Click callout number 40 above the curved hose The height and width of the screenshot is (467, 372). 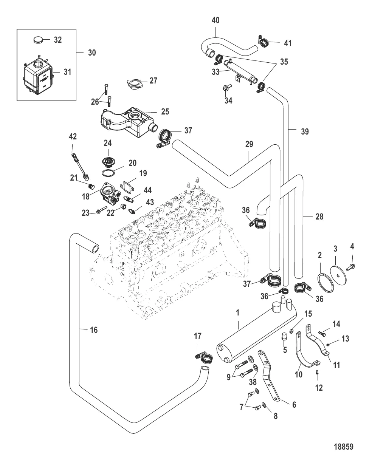(215, 20)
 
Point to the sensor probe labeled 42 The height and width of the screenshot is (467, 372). (81, 165)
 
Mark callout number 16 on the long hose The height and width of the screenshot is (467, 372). (94, 330)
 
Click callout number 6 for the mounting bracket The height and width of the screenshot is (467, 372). (294, 404)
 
